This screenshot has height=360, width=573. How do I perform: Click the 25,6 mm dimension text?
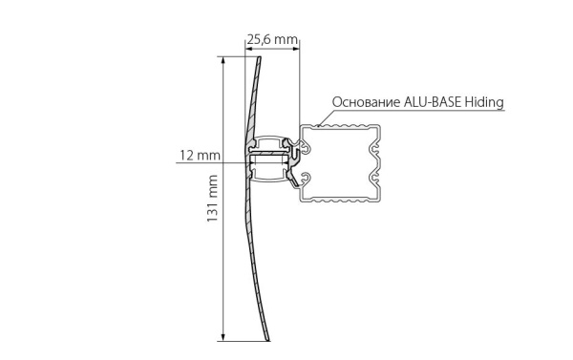coord(272,40)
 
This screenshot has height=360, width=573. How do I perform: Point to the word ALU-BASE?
coord(436,100)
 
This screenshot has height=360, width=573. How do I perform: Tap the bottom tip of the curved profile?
coord(267,338)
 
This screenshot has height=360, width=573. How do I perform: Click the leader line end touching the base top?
coord(321,121)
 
